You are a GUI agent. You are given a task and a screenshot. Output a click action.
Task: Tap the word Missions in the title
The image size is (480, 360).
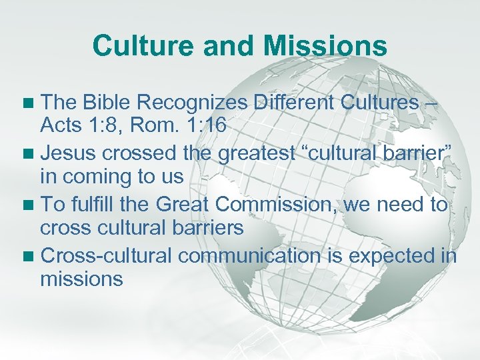pyautogui.click(x=325, y=46)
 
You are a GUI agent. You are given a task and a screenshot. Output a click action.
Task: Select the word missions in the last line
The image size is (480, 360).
pyautogui.click(x=81, y=279)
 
